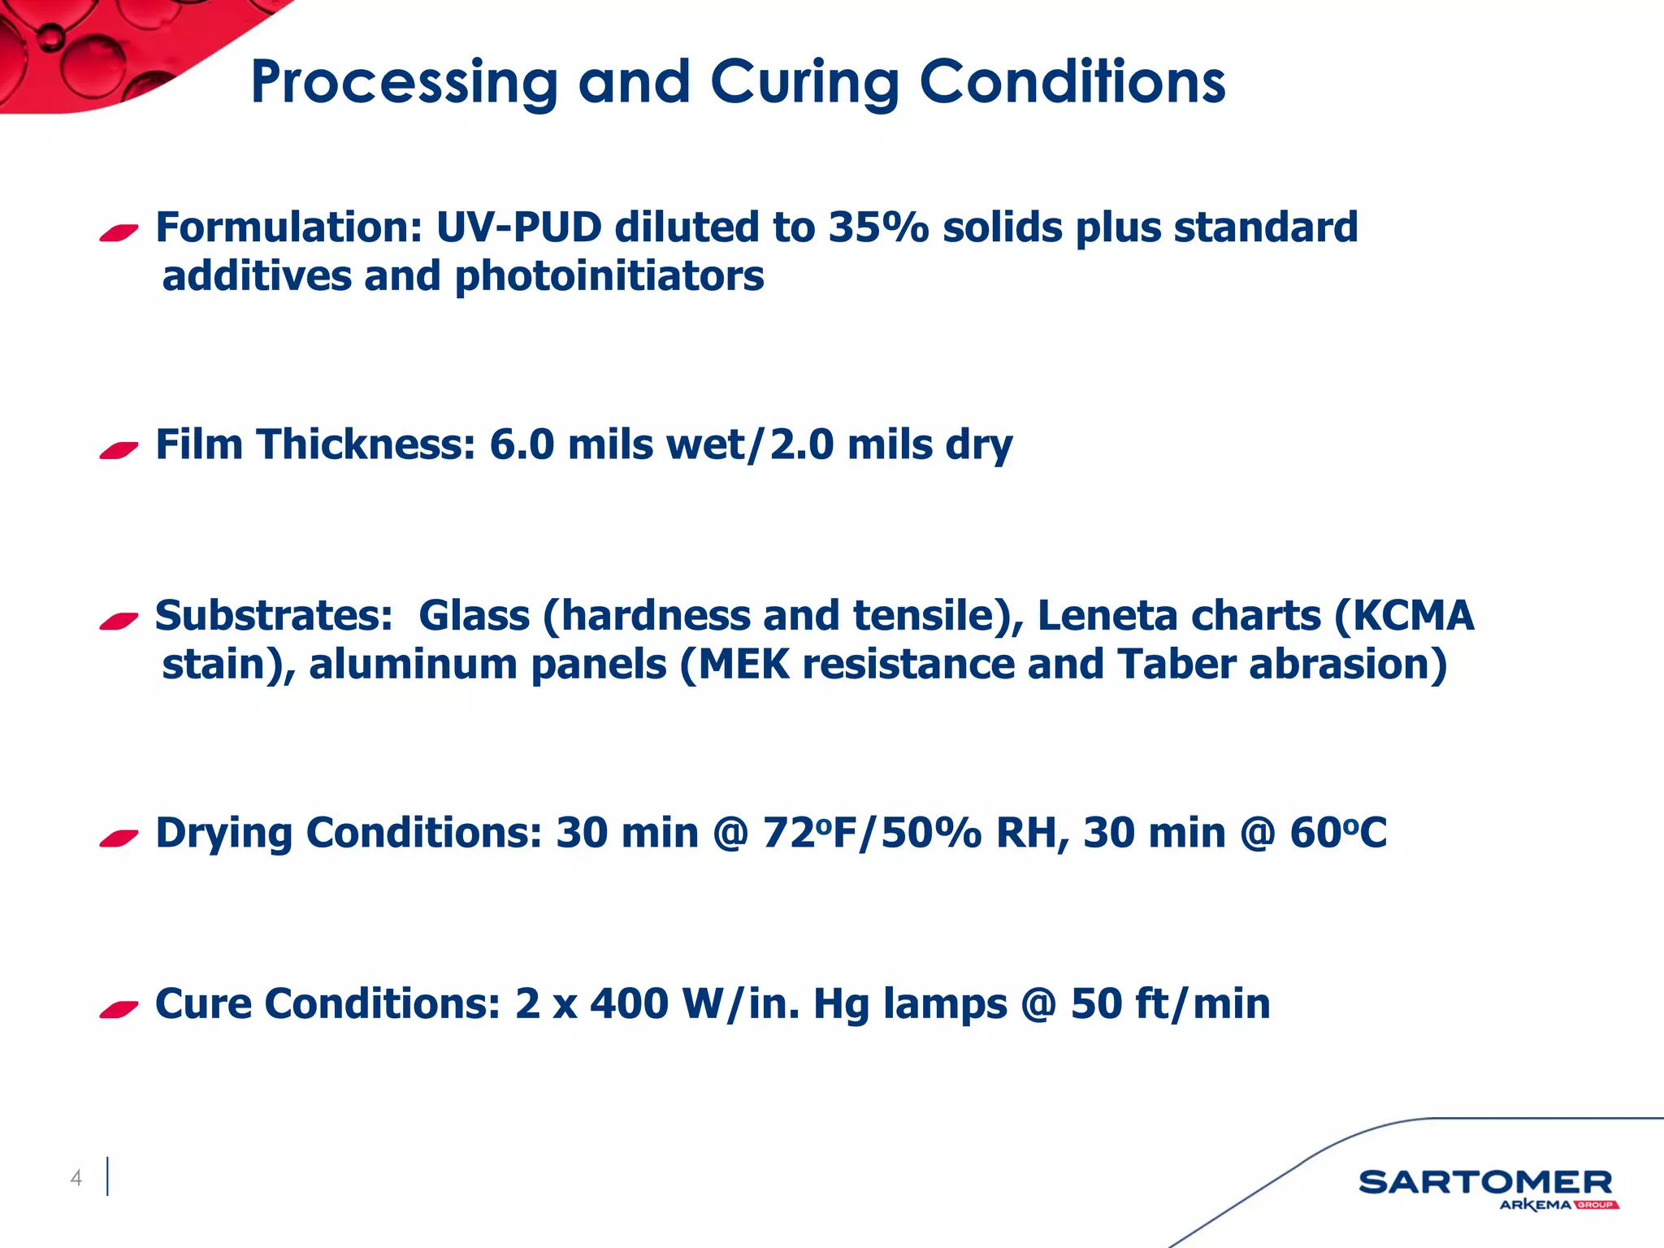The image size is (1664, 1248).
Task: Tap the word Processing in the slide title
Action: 404,84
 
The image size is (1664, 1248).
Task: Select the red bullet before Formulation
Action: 119,233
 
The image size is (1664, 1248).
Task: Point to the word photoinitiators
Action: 609,276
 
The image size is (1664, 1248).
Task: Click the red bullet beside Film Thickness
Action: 119,449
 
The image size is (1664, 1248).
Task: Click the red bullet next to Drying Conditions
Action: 119,838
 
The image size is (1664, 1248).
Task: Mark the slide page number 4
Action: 76,1177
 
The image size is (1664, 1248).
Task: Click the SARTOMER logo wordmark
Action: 1485,1182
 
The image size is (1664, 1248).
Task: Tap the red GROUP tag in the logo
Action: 1596,1205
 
